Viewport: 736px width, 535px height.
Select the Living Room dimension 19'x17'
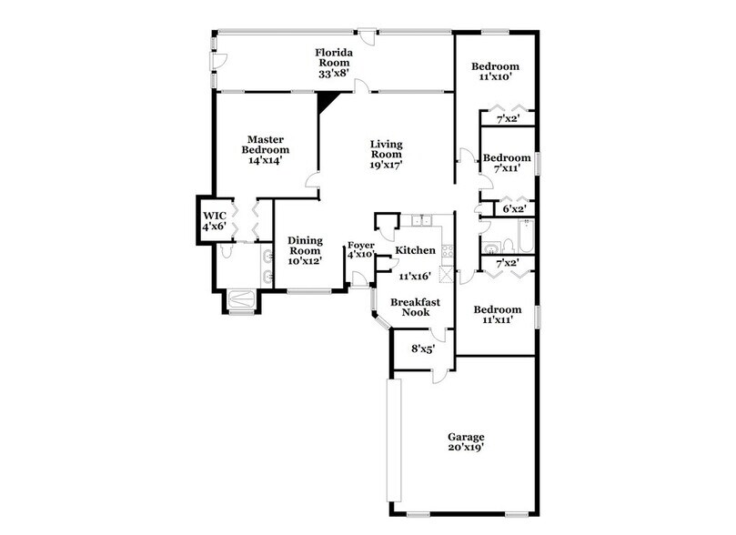(387, 165)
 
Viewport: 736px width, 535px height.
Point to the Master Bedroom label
(266, 149)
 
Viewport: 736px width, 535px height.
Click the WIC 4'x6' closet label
(214, 221)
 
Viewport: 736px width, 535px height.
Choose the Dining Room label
(305, 250)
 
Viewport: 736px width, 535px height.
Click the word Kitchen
(415, 250)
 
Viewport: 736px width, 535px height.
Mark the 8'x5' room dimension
(423, 348)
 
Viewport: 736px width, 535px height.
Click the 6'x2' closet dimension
(514, 209)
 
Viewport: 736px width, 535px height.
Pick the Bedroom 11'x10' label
(495, 72)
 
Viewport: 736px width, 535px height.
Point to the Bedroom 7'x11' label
(507, 163)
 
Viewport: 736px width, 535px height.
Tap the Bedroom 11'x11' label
(496, 315)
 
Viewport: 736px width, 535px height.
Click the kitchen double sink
(421, 220)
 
